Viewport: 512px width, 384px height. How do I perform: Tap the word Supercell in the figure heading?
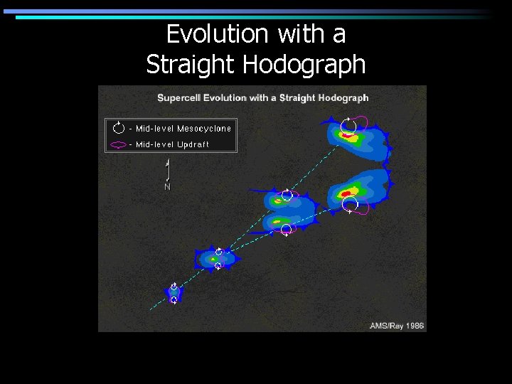click(178, 97)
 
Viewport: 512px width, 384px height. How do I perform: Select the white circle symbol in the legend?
click(119, 129)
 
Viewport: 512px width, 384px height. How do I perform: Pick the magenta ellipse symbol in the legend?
click(119, 144)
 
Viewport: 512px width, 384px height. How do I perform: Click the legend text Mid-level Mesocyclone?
click(183, 129)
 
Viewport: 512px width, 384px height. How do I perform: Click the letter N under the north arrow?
click(167, 187)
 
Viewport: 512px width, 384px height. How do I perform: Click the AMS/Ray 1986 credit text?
click(397, 326)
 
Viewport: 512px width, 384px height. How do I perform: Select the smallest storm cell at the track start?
click(174, 292)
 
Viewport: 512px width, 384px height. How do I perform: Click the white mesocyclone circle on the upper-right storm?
click(348, 127)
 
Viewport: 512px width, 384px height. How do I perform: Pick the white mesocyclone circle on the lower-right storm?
click(350, 205)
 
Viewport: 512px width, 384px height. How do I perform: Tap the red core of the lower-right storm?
click(347, 193)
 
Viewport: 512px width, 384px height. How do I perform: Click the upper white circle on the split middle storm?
click(287, 196)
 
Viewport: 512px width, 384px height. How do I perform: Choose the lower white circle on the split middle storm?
click(286, 229)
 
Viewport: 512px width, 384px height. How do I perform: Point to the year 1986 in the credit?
click(414, 326)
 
